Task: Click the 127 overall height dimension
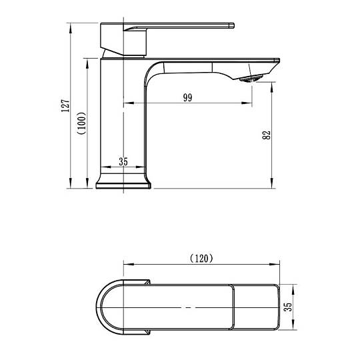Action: tap(65, 105)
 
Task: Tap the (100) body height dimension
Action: tap(82, 123)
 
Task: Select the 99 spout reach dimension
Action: tap(187, 97)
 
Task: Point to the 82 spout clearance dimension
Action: tap(266, 135)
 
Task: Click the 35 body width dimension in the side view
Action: tap(123, 161)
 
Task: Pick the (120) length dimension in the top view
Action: tap(201, 259)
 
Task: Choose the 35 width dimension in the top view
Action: tap(288, 307)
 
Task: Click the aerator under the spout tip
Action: tap(251, 78)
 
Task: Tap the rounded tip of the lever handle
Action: tap(232, 25)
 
